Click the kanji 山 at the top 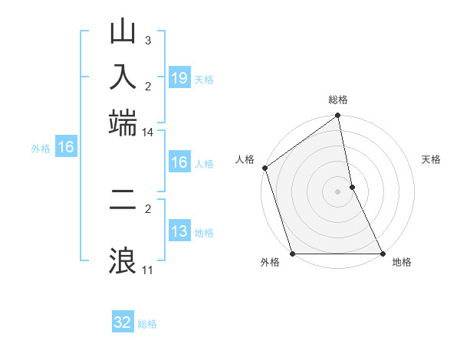point(123,33)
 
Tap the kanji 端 point(123,121)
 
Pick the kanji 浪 point(123,260)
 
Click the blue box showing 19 point(179,78)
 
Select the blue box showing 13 point(179,231)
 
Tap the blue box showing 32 point(123,322)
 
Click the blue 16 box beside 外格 point(66,148)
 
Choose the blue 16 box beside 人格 point(179,162)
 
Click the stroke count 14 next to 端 point(147,133)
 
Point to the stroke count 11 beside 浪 point(147,270)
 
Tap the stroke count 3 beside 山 point(148,40)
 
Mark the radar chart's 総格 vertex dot point(337,116)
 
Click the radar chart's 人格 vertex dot point(265,168)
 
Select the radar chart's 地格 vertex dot point(382,254)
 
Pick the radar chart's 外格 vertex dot point(293,254)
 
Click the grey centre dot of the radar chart point(337,191)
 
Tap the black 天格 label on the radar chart point(431,159)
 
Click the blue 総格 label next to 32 point(147,324)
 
